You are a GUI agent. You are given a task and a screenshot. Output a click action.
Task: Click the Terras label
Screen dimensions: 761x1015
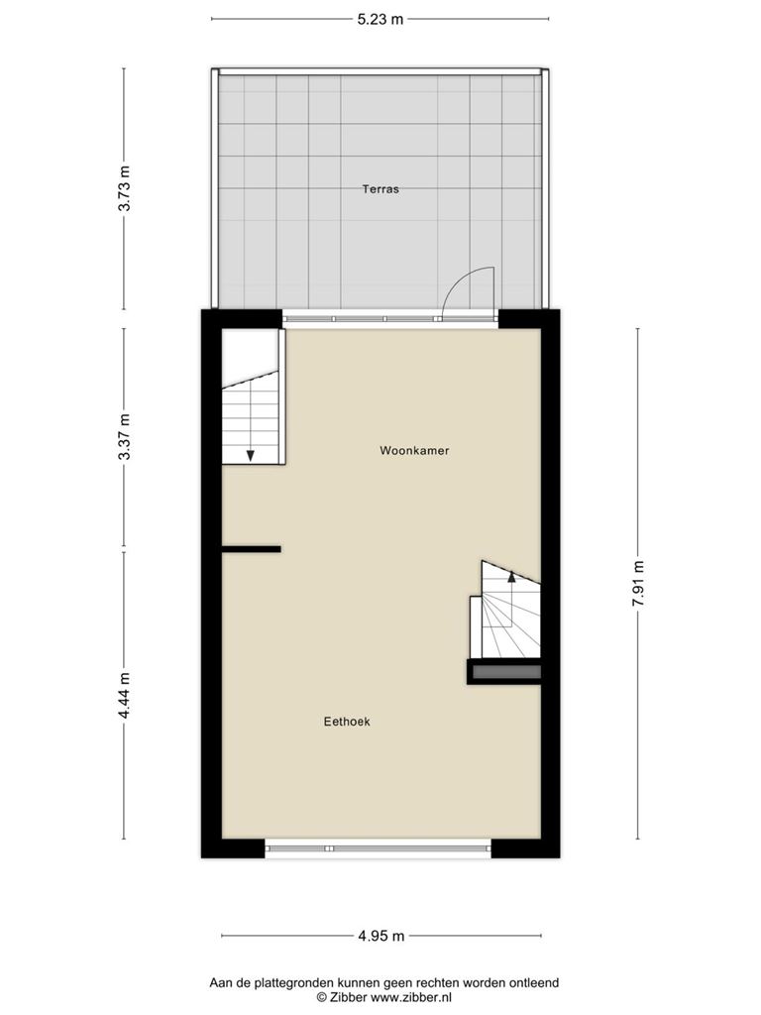coord(380,189)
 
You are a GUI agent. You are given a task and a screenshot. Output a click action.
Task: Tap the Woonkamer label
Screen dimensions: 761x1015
coord(414,451)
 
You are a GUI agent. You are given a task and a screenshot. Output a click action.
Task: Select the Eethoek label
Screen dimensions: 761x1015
coord(347,722)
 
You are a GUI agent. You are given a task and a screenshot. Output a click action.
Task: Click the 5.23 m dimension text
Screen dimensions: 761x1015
coord(380,20)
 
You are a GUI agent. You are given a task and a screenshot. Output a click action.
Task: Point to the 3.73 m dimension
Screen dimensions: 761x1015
coord(124,188)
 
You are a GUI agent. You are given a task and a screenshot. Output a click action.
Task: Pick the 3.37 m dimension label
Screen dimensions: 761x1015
coord(124,437)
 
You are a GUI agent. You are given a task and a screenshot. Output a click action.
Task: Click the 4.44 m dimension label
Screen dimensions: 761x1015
coord(124,695)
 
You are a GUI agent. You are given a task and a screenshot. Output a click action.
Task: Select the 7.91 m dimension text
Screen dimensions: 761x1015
coord(638,583)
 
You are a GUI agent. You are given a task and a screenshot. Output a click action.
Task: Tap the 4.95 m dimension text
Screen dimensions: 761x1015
coord(381,936)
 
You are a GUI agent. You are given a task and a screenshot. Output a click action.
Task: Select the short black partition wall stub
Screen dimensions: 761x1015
coord(251,549)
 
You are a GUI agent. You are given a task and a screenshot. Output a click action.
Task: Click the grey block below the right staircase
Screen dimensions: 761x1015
coord(506,673)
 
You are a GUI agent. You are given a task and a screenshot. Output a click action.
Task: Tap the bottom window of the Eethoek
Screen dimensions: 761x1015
coord(378,848)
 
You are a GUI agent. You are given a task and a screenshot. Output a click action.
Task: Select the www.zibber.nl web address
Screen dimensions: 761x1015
coord(410,997)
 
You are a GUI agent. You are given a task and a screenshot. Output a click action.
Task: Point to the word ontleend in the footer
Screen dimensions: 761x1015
coord(534,982)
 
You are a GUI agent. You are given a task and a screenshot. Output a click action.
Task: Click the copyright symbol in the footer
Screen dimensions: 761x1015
coord(322,998)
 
